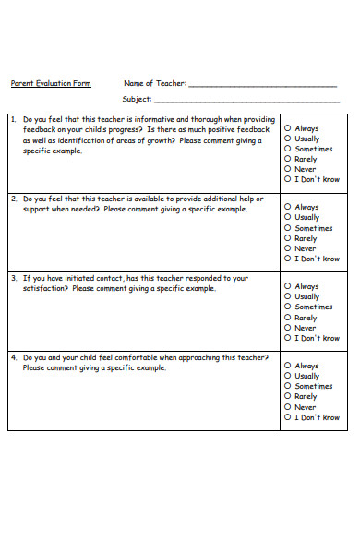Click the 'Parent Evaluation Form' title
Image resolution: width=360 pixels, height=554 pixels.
click(x=51, y=83)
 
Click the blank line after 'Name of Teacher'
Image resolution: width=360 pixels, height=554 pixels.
click(x=263, y=85)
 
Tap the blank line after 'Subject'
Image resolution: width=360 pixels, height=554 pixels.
click(x=246, y=101)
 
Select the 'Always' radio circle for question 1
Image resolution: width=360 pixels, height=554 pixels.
click(x=288, y=128)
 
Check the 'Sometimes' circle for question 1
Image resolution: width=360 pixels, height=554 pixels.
click(x=288, y=149)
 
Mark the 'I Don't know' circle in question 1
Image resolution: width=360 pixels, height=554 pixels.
click(x=288, y=179)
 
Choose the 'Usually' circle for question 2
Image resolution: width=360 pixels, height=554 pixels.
click(x=288, y=217)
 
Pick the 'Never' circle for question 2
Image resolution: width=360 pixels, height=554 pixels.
click(x=288, y=248)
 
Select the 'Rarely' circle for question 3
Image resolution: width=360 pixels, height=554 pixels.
click(x=288, y=318)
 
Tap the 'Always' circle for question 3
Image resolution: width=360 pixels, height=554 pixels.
click(x=288, y=286)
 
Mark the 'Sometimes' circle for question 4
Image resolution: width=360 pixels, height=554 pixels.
click(x=288, y=386)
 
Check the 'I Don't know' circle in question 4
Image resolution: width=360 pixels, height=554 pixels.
click(x=288, y=417)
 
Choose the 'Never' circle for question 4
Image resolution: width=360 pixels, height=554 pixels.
click(x=288, y=407)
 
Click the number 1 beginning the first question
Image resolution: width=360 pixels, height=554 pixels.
click(x=13, y=120)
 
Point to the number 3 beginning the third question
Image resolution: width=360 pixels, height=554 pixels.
click(x=13, y=278)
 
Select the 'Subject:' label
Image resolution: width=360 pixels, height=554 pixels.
click(x=137, y=99)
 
